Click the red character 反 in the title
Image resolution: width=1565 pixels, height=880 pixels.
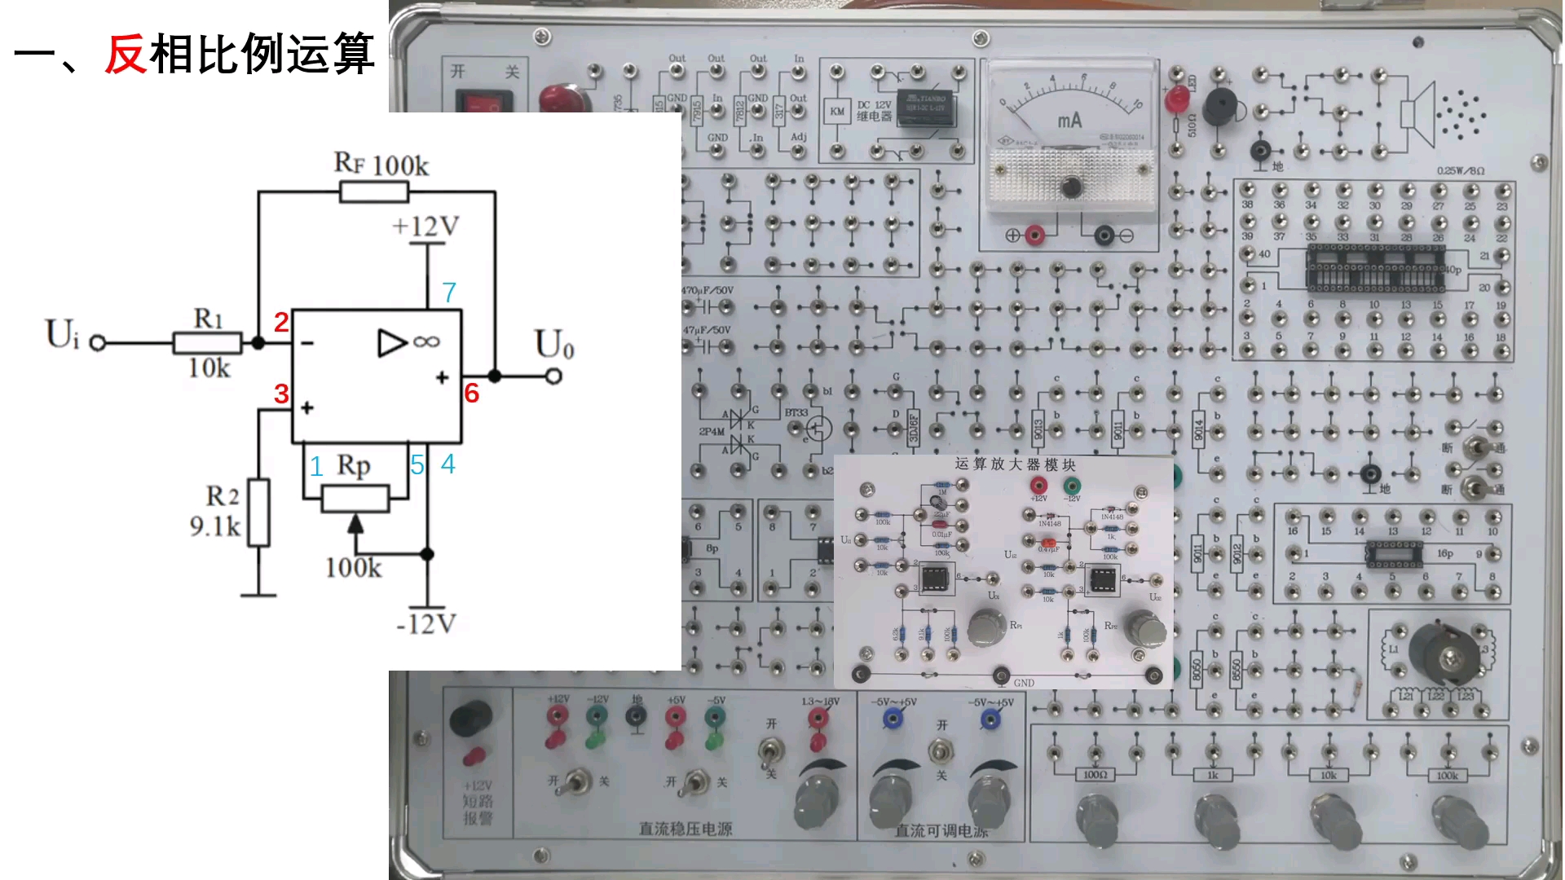tap(126, 55)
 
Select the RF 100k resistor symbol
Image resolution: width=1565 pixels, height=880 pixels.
tap(374, 192)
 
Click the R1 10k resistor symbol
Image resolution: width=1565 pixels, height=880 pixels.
tap(207, 343)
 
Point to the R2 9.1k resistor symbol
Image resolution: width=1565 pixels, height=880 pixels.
tap(258, 513)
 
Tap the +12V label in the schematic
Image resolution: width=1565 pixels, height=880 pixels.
tap(425, 226)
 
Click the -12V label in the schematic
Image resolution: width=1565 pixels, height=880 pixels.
tap(425, 625)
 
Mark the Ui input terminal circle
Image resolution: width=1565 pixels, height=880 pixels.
tap(97, 343)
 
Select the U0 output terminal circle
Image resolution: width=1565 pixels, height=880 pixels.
tap(554, 376)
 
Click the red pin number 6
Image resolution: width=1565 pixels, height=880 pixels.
tap(471, 394)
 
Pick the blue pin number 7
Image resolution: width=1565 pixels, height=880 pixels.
tap(449, 292)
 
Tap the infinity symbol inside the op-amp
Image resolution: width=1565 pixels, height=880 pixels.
tap(426, 342)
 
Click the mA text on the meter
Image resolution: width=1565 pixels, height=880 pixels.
tap(1069, 121)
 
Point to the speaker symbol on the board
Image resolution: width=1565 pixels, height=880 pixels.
tap(1418, 113)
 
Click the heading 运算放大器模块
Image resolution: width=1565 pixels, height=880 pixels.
tap(1015, 464)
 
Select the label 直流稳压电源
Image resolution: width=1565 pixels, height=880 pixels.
tap(685, 829)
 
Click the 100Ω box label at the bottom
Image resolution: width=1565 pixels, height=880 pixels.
tap(1095, 775)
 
